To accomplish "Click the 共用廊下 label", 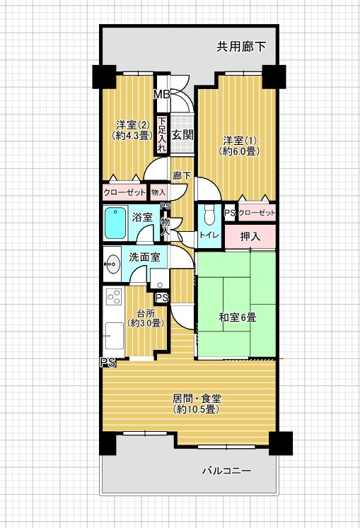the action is click(241, 47).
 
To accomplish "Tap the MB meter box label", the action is click(162, 95).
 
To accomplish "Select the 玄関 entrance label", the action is click(182, 136).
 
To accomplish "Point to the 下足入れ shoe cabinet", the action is click(163, 135).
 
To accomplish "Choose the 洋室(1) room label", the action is click(240, 141).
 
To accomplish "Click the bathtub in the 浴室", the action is click(115, 223).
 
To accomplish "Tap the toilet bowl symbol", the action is click(209, 214).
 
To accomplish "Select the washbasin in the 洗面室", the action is click(112, 264).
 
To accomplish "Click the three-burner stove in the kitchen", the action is click(114, 297).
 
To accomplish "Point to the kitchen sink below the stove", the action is click(115, 336).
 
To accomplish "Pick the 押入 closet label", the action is click(250, 237).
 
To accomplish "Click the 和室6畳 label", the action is click(238, 317).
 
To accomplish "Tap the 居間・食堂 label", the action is click(197, 399).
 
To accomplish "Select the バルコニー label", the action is click(226, 471).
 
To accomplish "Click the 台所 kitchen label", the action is click(146, 313).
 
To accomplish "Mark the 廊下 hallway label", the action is click(182, 175).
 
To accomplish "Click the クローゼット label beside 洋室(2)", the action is click(124, 193).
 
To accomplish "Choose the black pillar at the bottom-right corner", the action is click(281, 443).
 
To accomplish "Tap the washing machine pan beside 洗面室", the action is click(159, 279).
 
